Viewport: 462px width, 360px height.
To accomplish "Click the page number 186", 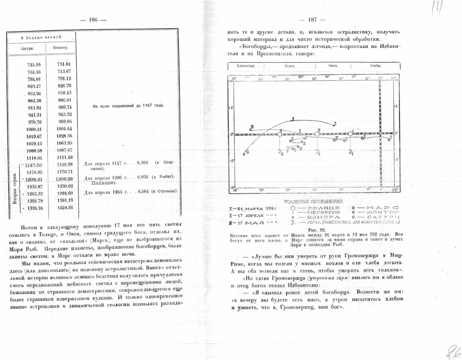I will pyautogui.click(x=93, y=20).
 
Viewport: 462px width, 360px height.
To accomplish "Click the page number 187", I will pyautogui.click(x=312, y=20).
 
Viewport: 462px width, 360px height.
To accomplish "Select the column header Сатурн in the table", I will pyautogui.click(x=27, y=49).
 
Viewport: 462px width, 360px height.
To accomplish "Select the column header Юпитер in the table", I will pyautogui.click(x=61, y=48).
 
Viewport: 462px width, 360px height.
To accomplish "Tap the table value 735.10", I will pyautogui.click(x=34, y=65).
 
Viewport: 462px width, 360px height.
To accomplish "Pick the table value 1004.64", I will pyautogui.click(x=64, y=129).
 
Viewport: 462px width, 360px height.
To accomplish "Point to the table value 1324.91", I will pyautogui.click(x=65, y=208).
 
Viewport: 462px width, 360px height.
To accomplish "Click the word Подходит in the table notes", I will pyautogui.click(x=104, y=183).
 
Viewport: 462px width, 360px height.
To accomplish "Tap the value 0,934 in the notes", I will pyautogui.click(x=143, y=177).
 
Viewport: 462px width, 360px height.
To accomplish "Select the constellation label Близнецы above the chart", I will pyautogui.click(x=246, y=66).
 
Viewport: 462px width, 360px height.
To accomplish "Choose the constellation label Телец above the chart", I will pyautogui.click(x=290, y=66).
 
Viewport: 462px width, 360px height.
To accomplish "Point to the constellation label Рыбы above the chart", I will pyautogui.click(x=376, y=66).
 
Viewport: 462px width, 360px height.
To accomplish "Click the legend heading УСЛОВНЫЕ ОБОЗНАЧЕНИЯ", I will pyautogui.click(x=313, y=202).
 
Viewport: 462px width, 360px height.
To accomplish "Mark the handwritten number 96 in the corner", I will pyautogui.click(x=453, y=352).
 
